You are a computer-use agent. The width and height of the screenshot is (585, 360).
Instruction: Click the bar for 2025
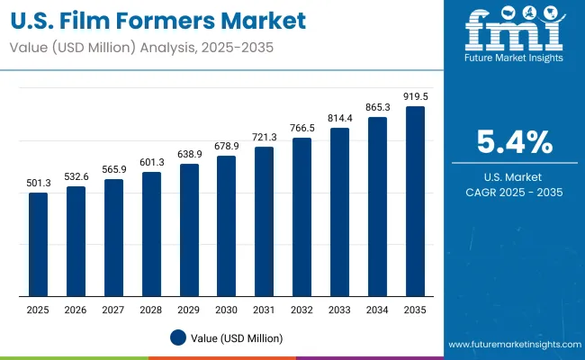[38, 244]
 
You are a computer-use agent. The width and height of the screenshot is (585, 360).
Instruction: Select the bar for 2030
[227, 226]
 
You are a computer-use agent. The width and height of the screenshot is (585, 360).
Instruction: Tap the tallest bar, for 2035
[415, 202]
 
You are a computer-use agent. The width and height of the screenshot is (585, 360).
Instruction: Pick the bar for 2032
[302, 217]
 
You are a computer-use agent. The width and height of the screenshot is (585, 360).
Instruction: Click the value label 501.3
[38, 183]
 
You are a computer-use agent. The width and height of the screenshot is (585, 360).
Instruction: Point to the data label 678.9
[227, 146]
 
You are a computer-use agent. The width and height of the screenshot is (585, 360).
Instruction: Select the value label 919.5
[415, 96]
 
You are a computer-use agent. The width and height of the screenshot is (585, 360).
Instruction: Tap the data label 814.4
[340, 118]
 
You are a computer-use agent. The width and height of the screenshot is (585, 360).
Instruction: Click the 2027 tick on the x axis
[113, 310]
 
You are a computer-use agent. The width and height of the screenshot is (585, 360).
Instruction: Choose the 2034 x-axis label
[378, 310]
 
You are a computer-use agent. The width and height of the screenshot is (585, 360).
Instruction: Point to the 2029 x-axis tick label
[189, 310]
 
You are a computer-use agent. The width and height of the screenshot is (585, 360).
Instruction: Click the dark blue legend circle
[177, 337]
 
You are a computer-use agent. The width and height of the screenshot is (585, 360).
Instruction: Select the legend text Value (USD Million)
[235, 337]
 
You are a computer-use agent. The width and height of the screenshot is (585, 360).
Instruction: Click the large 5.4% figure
[514, 142]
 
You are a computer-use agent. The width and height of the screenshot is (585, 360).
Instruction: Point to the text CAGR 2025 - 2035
[514, 192]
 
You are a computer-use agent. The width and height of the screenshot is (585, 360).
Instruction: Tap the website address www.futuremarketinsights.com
[510, 345]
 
